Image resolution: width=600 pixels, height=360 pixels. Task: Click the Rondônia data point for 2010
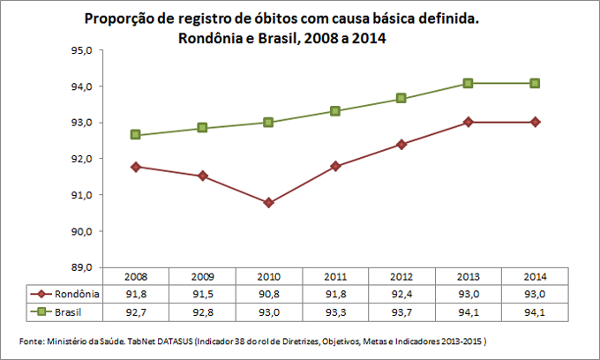[x=268, y=203]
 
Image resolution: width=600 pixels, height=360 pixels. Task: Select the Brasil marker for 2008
[x=136, y=135]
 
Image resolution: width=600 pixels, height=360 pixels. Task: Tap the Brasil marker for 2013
[x=468, y=83]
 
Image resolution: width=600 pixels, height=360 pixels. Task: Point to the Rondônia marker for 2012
[x=401, y=144]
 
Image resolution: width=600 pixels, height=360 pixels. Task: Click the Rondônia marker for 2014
[x=534, y=122]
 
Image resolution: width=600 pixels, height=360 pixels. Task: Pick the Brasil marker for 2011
[x=335, y=111]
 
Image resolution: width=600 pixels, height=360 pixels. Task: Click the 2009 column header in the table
[x=202, y=277]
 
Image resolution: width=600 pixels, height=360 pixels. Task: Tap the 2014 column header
[x=534, y=277]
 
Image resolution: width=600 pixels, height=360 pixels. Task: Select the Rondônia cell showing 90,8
[x=268, y=294]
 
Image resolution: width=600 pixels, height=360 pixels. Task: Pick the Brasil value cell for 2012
[x=401, y=311]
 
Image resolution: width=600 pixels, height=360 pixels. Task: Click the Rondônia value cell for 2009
[x=202, y=294]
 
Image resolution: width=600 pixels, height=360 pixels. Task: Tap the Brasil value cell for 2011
[x=335, y=311]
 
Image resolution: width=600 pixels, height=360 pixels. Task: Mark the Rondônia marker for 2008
[x=136, y=167]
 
